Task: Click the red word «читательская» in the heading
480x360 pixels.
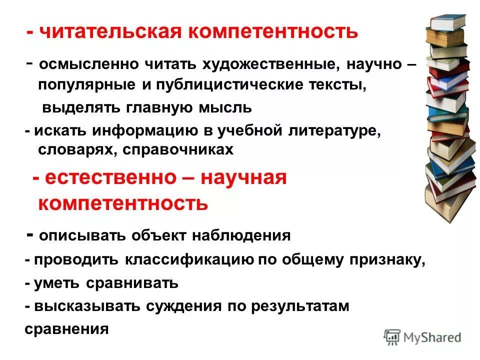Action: (x=110, y=32)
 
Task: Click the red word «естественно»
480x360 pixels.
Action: (x=112, y=178)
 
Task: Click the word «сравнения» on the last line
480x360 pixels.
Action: (x=66, y=329)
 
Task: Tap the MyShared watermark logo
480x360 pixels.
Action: (x=422, y=336)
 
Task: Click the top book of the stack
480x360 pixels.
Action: (x=449, y=22)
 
